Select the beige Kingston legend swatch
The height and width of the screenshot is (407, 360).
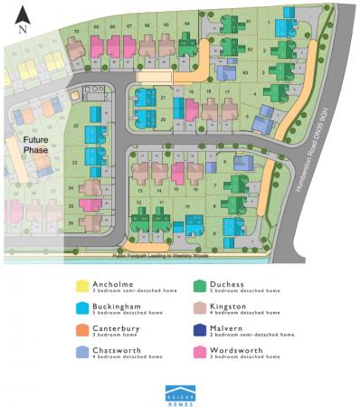pyautogui.click(x=198, y=308)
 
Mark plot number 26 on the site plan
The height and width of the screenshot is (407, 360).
pyautogui.click(x=71, y=220)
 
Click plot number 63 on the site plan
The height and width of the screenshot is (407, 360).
pyautogui.click(x=245, y=70)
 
